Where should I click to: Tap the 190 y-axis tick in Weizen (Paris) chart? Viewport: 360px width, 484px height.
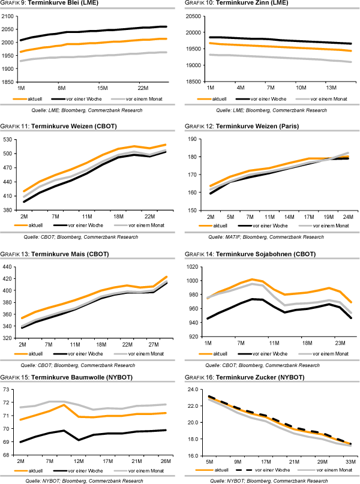click(x=194, y=139)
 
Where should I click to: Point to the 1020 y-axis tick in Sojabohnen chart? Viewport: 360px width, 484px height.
click(x=193, y=267)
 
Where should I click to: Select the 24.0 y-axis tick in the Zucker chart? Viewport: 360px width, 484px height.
click(x=193, y=390)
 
